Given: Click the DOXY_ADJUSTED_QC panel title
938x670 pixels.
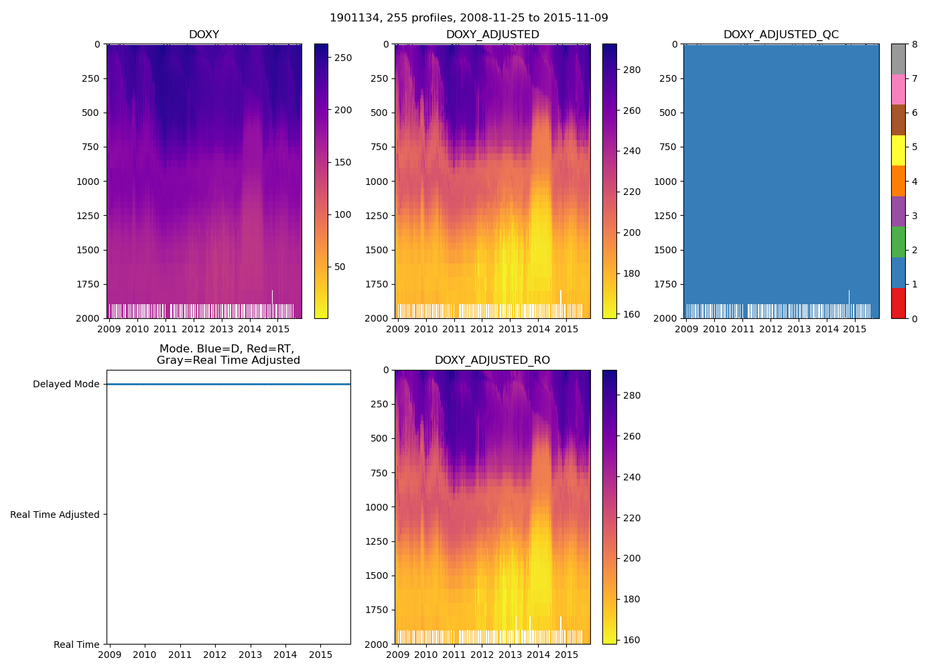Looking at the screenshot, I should pyautogui.click(x=781, y=35).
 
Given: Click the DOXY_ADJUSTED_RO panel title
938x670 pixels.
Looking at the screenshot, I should pyautogui.click(x=492, y=360).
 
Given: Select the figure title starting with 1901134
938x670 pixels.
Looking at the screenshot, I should pyautogui.click(x=469, y=18).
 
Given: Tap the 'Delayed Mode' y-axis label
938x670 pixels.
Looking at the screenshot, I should pyautogui.click(x=66, y=385).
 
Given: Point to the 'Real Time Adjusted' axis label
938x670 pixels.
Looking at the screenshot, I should pyautogui.click(x=55, y=515).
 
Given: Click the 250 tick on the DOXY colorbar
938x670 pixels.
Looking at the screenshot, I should pyautogui.click(x=343, y=58).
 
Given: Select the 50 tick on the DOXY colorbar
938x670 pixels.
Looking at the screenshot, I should pyautogui.click(x=340, y=267).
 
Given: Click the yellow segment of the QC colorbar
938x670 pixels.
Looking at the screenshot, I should pyautogui.click(x=898, y=150).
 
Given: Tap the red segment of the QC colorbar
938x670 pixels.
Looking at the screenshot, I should pyautogui.click(x=898, y=303).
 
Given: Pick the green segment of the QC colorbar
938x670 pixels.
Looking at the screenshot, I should pyautogui.click(x=898, y=242).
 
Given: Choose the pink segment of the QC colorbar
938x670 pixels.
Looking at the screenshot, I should pyautogui.click(x=898, y=89).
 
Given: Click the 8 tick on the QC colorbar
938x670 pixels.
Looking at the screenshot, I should pyautogui.click(x=915, y=44).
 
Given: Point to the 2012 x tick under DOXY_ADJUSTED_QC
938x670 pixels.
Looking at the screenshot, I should pyautogui.click(x=770, y=329).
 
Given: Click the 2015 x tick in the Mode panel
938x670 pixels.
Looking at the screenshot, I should pyautogui.click(x=320, y=655).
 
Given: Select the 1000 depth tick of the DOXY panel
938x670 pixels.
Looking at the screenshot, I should pyautogui.click(x=88, y=182).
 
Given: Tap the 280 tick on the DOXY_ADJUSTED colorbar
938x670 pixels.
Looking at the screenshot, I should pyautogui.click(x=631, y=70).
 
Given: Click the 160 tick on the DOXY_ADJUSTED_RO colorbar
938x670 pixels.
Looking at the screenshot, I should pyautogui.click(x=631, y=640).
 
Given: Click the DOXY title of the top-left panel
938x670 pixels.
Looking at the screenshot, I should pyautogui.click(x=204, y=35).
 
